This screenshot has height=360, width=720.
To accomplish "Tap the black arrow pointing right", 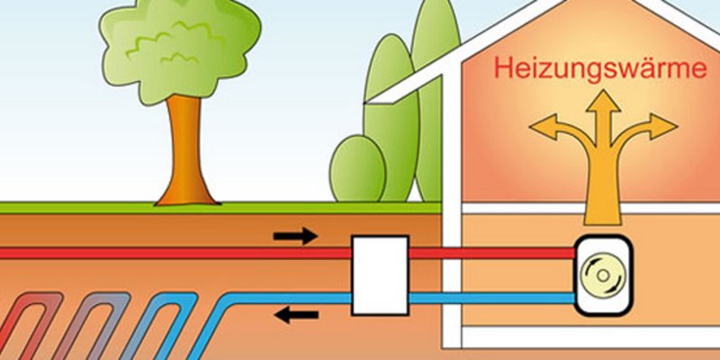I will point(296,236).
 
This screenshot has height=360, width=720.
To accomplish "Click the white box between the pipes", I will point(379,274).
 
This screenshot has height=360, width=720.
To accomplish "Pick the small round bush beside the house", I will point(358,172).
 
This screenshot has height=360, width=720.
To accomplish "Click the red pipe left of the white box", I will point(180,253).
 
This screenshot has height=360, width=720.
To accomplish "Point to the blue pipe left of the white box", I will point(288,296).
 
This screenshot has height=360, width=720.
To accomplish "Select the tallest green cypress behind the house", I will point(436,99).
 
